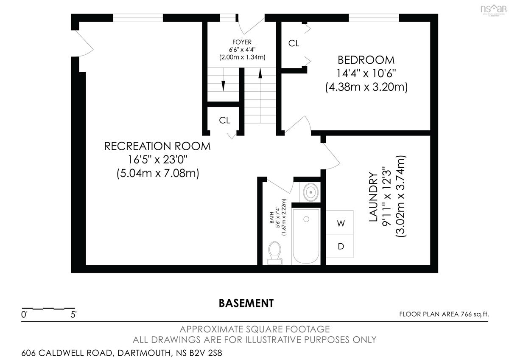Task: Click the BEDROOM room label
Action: click(366, 60)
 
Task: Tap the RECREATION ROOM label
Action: click(157, 146)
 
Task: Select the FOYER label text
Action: click(242, 42)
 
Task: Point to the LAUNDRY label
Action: click(373, 197)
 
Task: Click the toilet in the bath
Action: click(274, 253)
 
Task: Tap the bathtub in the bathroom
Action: click(306, 236)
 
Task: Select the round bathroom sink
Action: click(310, 192)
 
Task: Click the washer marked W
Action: click(339, 222)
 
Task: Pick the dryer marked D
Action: click(339, 246)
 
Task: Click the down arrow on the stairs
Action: click(223, 79)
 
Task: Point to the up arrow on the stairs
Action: click(260, 96)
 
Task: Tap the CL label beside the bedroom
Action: click(294, 43)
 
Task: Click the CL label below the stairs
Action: click(224, 120)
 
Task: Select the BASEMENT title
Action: click(246, 303)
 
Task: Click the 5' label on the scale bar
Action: click(73, 315)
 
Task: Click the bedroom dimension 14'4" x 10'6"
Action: click(366, 73)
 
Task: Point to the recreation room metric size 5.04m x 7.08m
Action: click(158, 173)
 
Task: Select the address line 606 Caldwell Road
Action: click(122, 353)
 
